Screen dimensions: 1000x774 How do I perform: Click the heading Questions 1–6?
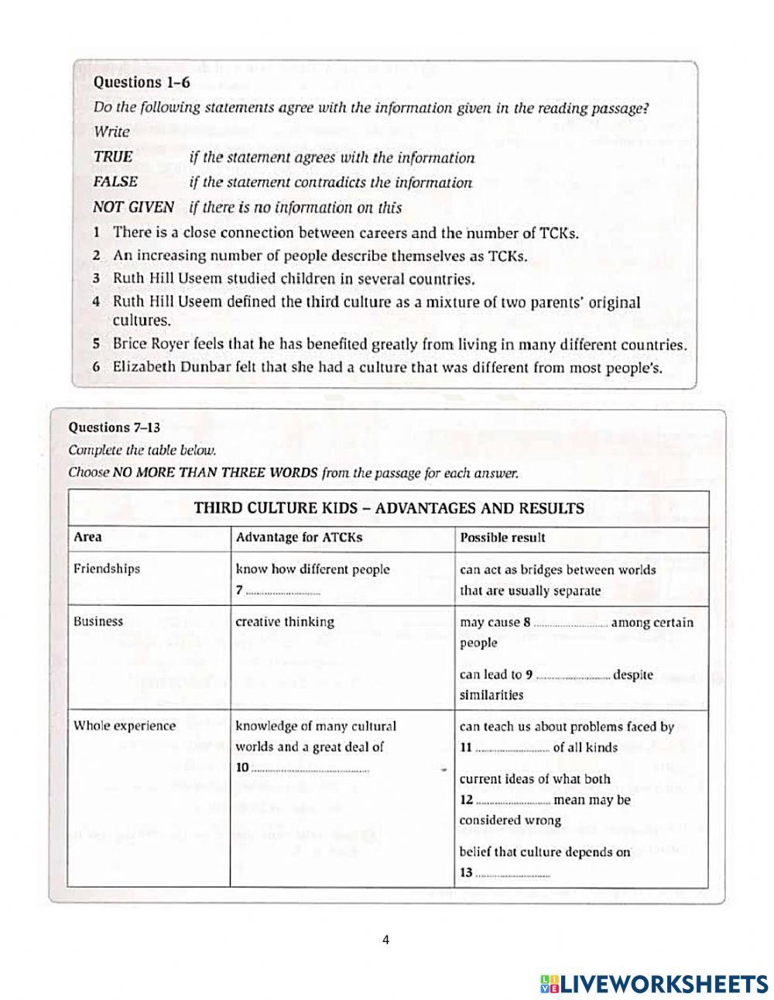(x=141, y=82)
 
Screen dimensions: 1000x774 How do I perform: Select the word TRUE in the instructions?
(x=113, y=157)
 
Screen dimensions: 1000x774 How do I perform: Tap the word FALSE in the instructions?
(x=115, y=182)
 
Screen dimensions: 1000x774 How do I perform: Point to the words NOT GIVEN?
(x=133, y=208)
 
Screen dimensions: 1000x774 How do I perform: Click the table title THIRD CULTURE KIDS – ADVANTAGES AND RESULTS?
(x=389, y=508)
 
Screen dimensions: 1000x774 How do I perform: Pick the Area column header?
(x=87, y=537)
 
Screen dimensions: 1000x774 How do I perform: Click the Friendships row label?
(x=107, y=569)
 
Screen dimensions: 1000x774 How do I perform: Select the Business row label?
(x=98, y=621)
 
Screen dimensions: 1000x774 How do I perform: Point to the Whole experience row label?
(x=125, y=726)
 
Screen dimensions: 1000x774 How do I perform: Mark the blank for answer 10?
(x=311, y=770)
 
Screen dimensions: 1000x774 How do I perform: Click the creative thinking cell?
(x=285, y=621)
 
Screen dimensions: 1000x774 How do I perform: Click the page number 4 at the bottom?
(x=386, y=940)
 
